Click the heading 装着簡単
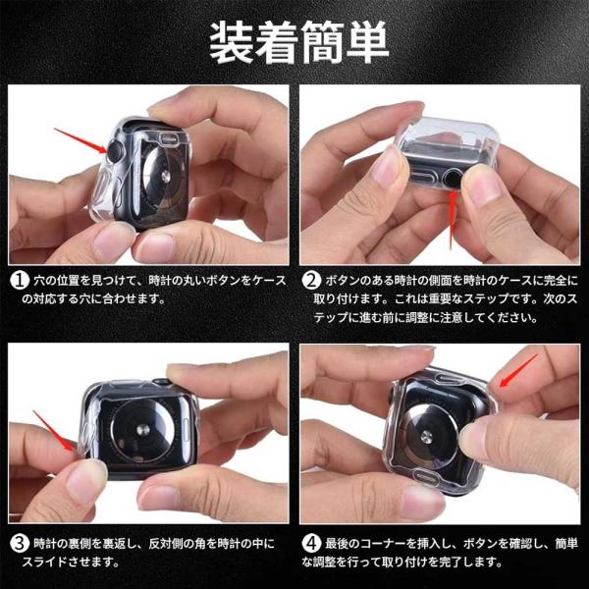point(299,42)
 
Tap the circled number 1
point(20,280)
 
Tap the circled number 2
point(311,280)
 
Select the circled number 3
point(20,543)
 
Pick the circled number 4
point(311,543)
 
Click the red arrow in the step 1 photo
point(80,140)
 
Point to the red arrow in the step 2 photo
point(453,220)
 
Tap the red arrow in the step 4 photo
point(518,370)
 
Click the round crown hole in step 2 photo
point(452,179)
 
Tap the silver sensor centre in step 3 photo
point(142,430)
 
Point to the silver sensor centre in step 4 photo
point(426,437)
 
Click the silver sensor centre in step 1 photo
point(165,177)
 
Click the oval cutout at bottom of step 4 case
point(427,478)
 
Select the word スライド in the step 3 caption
point(42,562)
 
